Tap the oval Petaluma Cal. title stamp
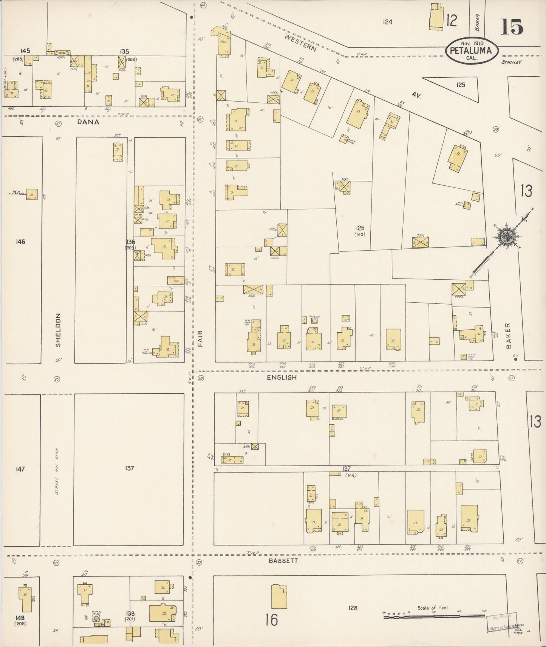[x=471, y=51]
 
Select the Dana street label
[x=88, y=122]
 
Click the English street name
[x=282, y=377]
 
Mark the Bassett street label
[x=283, y=561]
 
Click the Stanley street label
[x=511, y=62]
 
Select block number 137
[x=129, y=468]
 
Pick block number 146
[x=20, y=242]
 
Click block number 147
[x=20, y=469]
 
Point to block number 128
[x=353, y=608]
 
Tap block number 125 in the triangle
[x=460, y=85]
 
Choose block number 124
[x=387, y=22]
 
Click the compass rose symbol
[x=505, y=237]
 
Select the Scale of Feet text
[x=433, y=608]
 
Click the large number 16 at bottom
[x=271, y=620]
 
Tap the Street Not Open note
[x=57, y=471]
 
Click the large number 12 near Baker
[x=452, y=21]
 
